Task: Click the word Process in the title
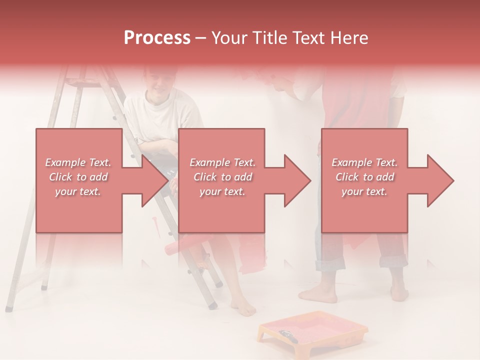click(157, 38)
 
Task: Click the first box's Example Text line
click(78, 162)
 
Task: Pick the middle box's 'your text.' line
click(222, 191)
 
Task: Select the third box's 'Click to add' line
click(364, 177)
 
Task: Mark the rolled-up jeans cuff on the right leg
click(393, 261)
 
